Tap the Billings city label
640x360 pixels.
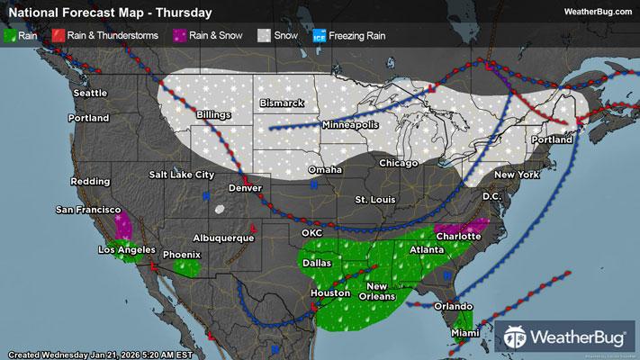[214, 116]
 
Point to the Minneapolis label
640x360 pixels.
[351, 124]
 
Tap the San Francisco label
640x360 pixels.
[88, 210]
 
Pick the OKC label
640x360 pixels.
[312, 232]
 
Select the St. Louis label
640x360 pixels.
[374, 198]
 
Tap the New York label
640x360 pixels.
[516, 173]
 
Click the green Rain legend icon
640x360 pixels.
[10, 36]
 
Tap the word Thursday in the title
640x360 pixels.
[187, 13]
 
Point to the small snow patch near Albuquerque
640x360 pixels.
[219, 210]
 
